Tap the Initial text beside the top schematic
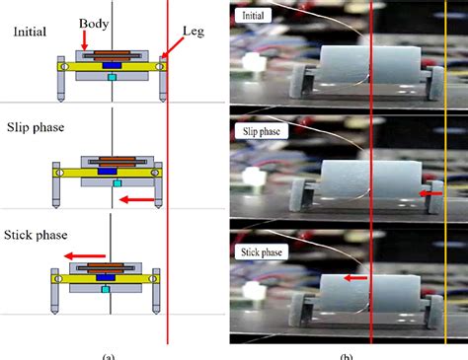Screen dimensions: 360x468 point(31,32)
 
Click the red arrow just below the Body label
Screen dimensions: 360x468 point(87,39)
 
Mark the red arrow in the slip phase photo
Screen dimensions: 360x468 point(428,194)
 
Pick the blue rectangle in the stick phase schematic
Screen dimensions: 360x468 point(102,278)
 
